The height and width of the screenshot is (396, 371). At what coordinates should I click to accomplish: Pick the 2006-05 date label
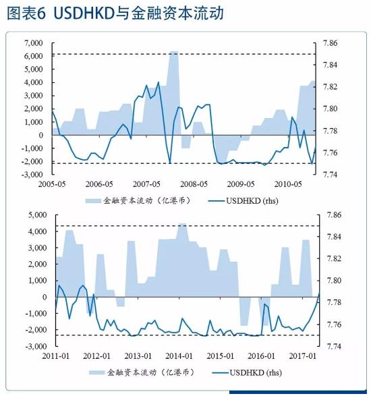tap(99, 183)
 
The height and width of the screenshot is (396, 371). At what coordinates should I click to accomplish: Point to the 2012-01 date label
tap(97, 356)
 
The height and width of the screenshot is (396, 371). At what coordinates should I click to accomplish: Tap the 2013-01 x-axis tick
tap(138, 356)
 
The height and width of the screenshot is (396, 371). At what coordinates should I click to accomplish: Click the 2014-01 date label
tap(179, 356)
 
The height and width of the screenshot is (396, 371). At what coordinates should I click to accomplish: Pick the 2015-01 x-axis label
tap(221, 356)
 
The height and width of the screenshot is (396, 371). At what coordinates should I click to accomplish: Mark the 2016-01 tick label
tap(262, 356)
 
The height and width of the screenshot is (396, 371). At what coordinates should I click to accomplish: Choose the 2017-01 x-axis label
tap(303, 356)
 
